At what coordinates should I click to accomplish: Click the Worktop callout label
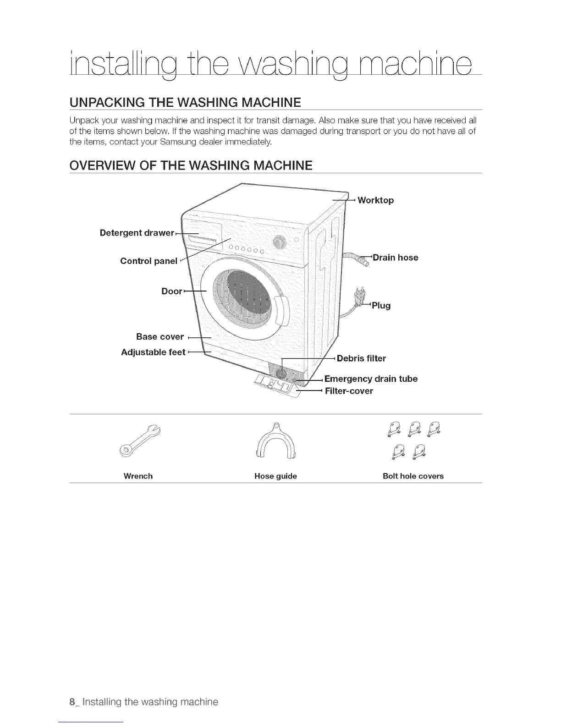tap(375, 200)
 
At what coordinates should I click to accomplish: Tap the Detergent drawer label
tap(137, 233)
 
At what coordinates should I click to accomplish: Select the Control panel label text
tap(148, 261)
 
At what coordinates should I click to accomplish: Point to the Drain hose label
tap(395, 258)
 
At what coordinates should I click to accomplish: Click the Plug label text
tap(381, 305)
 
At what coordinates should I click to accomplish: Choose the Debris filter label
tap(361, 358)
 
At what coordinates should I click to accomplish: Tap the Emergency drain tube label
tap(371, 379)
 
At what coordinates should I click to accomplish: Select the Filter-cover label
tap(349, 391)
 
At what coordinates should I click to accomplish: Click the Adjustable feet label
tap(153, 352)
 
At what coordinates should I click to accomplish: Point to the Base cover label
tap(160, 337)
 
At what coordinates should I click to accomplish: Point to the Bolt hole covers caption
tap(413, 476)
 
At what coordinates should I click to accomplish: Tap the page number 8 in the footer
tap(71, 702)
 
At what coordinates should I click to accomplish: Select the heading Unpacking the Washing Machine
tap(185, 102)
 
